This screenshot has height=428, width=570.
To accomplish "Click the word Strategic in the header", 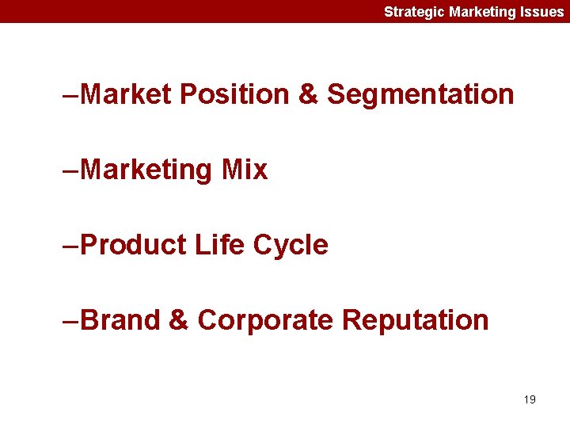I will point(414,12).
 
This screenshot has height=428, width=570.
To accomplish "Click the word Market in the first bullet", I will point(125,94).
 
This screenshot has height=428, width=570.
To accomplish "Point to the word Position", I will point(235,94).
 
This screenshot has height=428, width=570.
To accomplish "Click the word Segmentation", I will point(420,94).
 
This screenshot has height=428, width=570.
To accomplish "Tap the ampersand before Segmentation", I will point(307,94).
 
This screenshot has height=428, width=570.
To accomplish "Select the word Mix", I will point(245,170).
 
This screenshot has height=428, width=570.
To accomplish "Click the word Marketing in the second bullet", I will point(146,170).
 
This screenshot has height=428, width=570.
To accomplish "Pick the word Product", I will point(132,245).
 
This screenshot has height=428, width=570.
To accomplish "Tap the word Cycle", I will point(291,245).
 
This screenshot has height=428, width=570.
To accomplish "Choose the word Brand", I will point(120,320).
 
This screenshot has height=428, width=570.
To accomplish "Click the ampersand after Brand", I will point(178,320).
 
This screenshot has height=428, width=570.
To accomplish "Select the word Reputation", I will point(416,320).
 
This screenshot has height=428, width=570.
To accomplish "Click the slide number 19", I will point(530,399).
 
